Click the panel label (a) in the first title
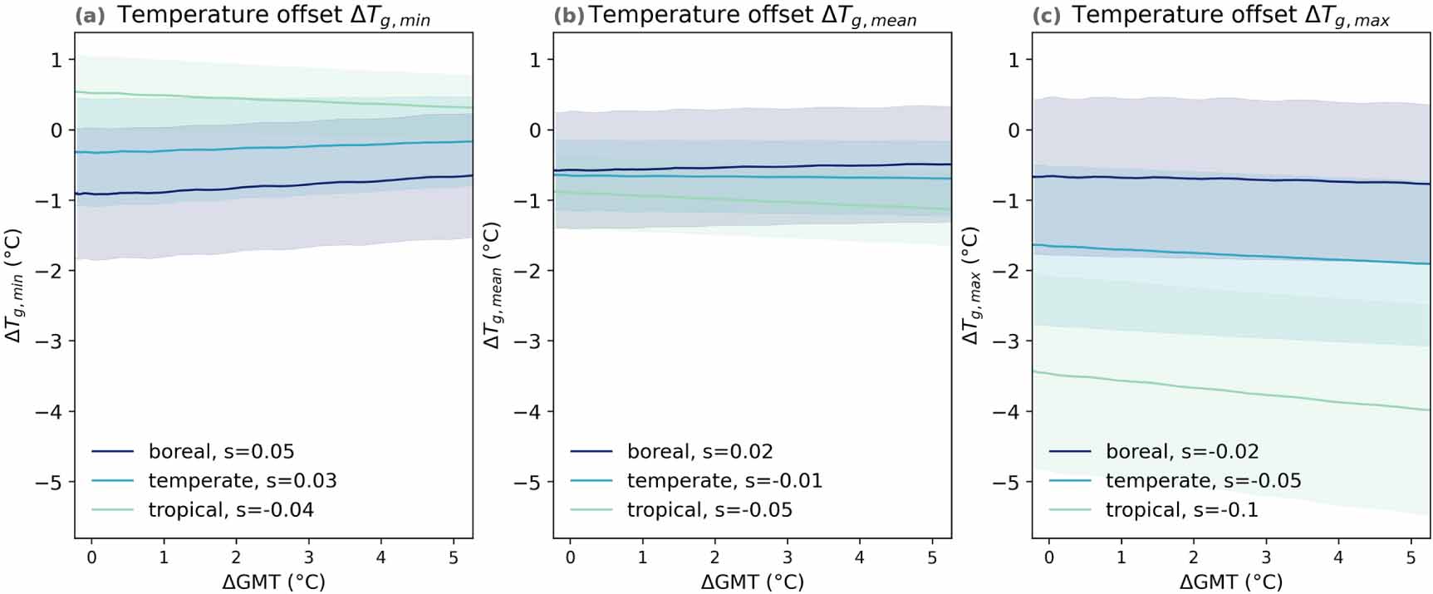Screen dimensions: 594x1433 90,15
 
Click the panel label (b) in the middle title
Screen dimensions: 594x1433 568,15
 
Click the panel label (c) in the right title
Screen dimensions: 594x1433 1047,15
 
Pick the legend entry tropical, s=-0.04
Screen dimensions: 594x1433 231,509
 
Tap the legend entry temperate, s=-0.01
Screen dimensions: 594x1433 724,480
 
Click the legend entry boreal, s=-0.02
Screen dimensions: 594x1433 1181,451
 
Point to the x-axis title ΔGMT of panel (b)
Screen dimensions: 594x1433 752,582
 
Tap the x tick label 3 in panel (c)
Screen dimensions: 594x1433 1266,557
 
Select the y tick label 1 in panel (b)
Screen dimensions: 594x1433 535,60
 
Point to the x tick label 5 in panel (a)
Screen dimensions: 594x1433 454,557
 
